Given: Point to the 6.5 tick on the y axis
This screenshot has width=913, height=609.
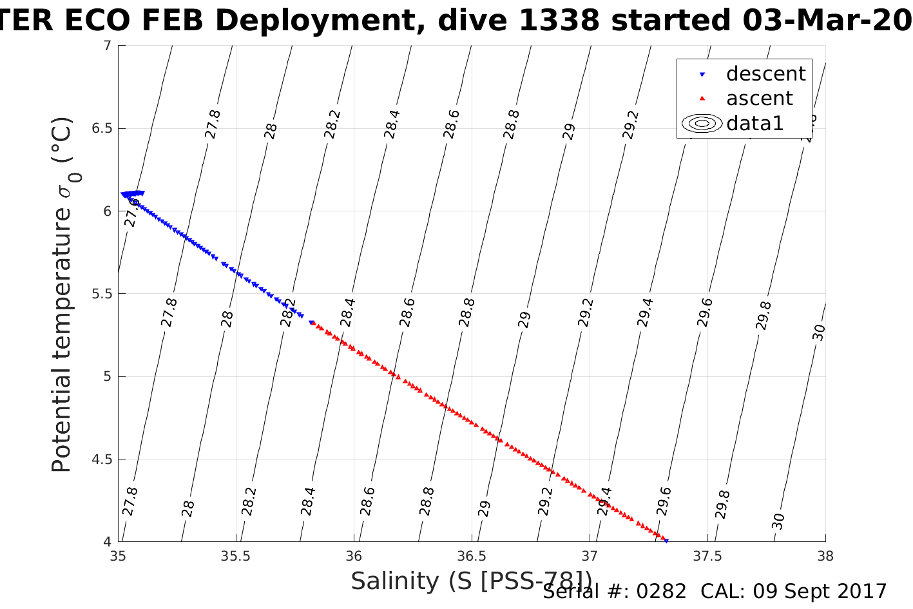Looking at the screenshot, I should (x=102, y=128).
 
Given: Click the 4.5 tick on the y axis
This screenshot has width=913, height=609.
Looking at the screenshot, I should (x=102, y=459).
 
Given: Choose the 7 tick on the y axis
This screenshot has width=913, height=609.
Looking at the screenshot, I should (x=107, y=46).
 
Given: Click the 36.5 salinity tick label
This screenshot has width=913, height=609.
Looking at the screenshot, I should (x=472, y=556).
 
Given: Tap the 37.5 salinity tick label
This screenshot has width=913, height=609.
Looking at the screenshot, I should (x=707, y=556).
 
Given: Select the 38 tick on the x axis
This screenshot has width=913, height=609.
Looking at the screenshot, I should (x=825, y=556).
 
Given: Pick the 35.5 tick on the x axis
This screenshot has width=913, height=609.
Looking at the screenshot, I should (x=236, y=556).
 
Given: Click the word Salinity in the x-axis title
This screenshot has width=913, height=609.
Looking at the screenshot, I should (x=394, y=581).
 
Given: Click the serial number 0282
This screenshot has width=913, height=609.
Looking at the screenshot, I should (x=661, y=592).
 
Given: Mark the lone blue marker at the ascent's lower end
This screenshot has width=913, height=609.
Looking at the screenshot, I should (x=666, y=541).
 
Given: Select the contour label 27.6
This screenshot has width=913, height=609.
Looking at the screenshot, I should (x=133, y=213).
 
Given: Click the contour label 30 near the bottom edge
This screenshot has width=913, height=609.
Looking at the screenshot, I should (x=778, y=520).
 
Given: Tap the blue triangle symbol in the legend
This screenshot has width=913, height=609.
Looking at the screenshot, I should (x=702, y=75).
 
